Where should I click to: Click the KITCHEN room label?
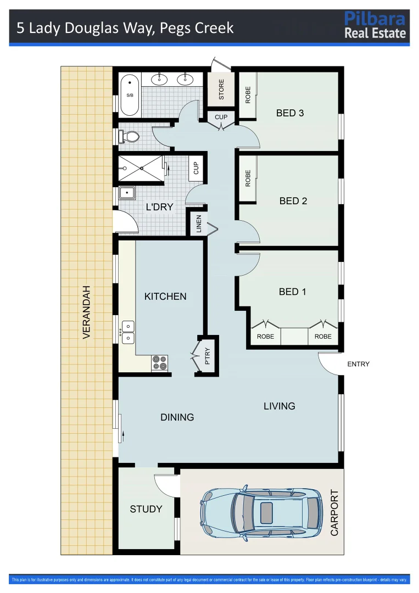click(x=165, y=296)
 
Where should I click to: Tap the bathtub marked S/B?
click(x=130, y=94)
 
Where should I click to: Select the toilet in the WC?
click(x=129, y=136)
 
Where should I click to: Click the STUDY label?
click(x=146, y=509)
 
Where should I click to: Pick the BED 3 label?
click(x=290, y=113)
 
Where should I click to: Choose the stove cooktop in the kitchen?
click(x=160, y=362)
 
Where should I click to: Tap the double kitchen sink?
click(x=128, y=333)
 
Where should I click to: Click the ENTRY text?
click(x=359, y=364)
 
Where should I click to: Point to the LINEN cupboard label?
click(x=199, y=225)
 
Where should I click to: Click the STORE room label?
click(x=221, y=90)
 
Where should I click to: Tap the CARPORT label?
click(x=334, y=513)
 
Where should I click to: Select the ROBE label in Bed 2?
click(x=248, y=178)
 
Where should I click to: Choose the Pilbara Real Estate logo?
click(x=375, y=25)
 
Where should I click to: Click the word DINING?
click(x=177, y=417)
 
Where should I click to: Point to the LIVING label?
click(x=280, y=406)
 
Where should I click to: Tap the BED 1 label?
click(x=293, y=292)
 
